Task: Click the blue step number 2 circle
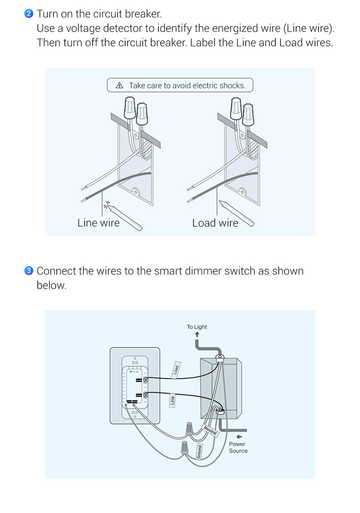point(29,13)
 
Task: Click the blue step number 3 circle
point(29,271)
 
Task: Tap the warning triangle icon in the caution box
point(119,85)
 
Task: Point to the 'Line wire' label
point(99,223)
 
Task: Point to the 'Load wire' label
point(215,223)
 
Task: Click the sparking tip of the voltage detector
point(107,206)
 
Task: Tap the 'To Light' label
point(197,327)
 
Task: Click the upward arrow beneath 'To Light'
point(197,334)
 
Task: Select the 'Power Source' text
point(238,447)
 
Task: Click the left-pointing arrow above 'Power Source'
point(239,436)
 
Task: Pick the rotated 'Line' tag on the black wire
point(172,400)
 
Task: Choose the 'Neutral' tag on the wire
point(210,430)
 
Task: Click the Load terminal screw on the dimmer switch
point(145,380)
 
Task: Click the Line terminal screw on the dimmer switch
point(145,395)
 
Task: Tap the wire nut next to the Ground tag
point(184,448)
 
